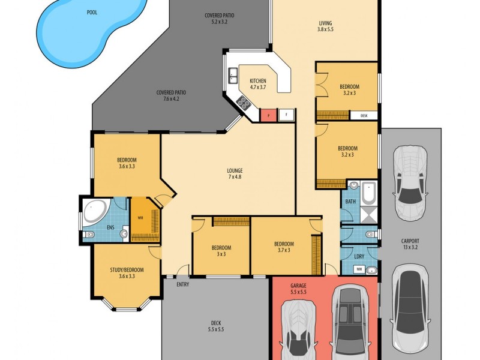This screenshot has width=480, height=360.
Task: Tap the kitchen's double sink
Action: pyautogui.click(x=232, y=76)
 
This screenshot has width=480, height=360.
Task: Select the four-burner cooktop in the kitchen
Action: pyautogui.click(x=244, y=103)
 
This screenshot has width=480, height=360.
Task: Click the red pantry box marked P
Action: pyautogui.click(x=268, y=115)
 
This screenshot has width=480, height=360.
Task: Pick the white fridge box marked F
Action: pyautogui.click(x=286, y=115)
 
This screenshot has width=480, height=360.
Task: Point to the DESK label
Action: pyautogui.click(x=364, y=115)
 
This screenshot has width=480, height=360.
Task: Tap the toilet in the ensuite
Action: pyautogui.click(x=88, y=235)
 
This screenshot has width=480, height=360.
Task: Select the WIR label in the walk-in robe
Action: pyautogui.click(x=140, y=218)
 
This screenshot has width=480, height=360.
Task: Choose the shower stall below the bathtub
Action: pyautogui.click(x=368, y=212)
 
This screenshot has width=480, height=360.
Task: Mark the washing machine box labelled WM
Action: pyautogui.click(x=359, y=269)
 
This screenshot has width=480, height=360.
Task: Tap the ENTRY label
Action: pyautogui.click(x=183, y=284)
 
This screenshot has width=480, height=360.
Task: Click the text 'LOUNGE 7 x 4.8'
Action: pyautogui.click(x=235, y=174)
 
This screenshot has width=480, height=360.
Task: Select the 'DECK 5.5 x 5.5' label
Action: pyautogui.click(x=215, y=326)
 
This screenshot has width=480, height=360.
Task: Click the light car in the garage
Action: pyautogui.click(x=298, y=327)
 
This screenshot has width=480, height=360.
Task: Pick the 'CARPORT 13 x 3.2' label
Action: pyautogui.click(x=410, y=245)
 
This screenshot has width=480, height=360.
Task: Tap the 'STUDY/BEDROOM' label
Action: pyautogui.click(x=127, y=272)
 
